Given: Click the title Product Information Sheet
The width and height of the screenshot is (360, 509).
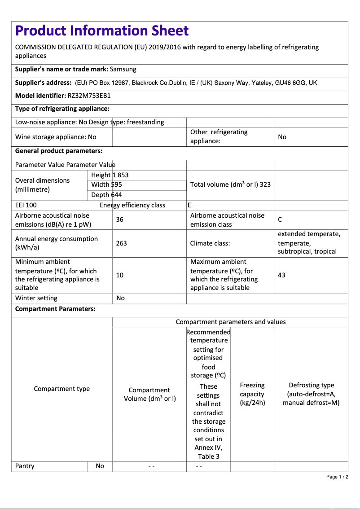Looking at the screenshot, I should [102, 31].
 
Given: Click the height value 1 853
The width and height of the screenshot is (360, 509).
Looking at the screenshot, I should [121, 175].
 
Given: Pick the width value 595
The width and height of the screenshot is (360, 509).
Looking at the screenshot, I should [117, 184].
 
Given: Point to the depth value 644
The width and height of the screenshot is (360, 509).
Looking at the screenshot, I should [117, 195].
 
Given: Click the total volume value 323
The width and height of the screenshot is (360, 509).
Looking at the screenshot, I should [265, 184].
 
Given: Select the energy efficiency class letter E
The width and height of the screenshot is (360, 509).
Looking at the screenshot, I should [189, 205].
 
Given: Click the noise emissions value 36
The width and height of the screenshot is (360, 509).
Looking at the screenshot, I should [119, 219].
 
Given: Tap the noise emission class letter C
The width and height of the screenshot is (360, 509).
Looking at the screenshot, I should [280, 219].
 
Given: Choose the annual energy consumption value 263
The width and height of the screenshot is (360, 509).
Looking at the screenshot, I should [121, 243].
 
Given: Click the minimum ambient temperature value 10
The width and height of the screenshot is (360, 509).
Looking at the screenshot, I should [119, 275].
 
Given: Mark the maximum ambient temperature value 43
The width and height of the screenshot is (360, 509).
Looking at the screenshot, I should [281, 275].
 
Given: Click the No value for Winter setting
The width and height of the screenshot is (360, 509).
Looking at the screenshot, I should [120, 298].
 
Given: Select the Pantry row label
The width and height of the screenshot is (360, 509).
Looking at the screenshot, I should [25, 466].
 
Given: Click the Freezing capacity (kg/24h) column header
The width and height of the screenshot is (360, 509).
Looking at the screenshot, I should [252, 394].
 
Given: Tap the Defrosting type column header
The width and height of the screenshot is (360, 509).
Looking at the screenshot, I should [311, 394].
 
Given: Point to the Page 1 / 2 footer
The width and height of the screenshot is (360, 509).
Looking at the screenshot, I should [337, 477].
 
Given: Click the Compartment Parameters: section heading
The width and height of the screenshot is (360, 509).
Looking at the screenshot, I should [55, 309].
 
